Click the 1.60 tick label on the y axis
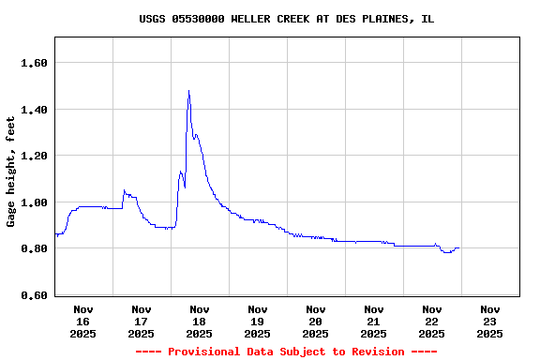pyautogui.click(x=35, y=63)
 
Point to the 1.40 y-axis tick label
pyautogui.click(x=35, y=110)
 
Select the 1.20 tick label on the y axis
pyautogui.click(x=35, y=156)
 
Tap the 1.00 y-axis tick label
pyautogui.click(x=35, y=202)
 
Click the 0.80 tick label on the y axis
pyautogui.click(x=35, y=248)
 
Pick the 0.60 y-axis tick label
pyautogui.click(x=35, y=295)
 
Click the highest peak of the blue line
pyautogui.click(x=188, y=91)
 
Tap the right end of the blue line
pyautogui.click(x=458, y=248)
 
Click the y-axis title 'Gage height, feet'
pyautogui.click(x=11, y=172)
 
